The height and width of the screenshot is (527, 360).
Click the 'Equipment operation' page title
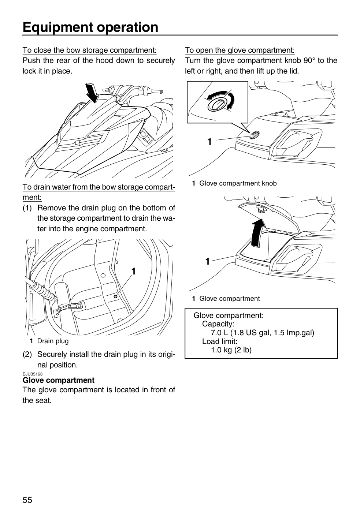90,27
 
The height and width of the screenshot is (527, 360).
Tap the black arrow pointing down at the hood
93,93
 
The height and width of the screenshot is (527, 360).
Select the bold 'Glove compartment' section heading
58,380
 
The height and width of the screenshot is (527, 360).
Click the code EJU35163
33,374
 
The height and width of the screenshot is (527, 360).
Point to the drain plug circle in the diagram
116,296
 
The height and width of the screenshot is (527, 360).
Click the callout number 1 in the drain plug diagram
134,272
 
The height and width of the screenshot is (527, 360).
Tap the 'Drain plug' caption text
53,341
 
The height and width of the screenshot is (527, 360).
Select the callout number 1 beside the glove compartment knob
209,142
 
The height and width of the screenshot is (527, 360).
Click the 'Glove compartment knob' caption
238,183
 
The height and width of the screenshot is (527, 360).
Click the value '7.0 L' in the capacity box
219,333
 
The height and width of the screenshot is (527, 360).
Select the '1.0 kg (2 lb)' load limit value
231,350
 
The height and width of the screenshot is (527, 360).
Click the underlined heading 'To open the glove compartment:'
240,50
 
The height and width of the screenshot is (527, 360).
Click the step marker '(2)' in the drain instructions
27,354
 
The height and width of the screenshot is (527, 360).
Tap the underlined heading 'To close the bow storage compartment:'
89,50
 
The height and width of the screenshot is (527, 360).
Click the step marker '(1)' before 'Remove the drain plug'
27,208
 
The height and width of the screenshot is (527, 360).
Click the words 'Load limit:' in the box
220,341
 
